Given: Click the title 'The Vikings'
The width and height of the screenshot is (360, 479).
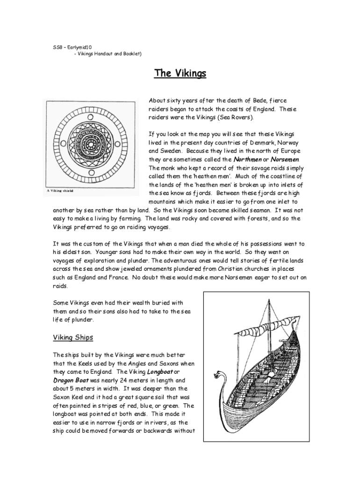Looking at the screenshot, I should point(180,74).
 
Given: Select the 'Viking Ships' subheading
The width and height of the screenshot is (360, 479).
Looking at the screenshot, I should point(73,337).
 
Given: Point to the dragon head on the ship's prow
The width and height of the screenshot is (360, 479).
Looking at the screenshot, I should point(217,375).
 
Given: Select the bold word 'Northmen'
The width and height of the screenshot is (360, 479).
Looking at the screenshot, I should point(247,159).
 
